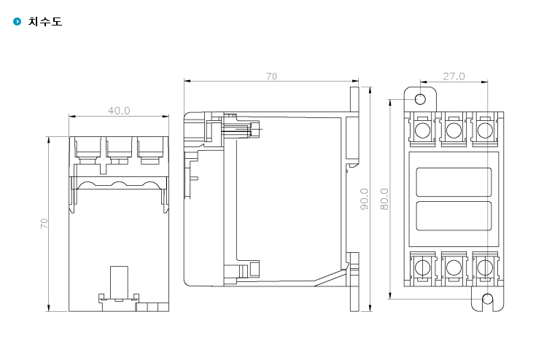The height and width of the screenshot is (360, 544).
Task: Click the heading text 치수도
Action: [45, 22]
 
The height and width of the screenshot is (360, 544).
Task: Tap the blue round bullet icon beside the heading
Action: [17, 22]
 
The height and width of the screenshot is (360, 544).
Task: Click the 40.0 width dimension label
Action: [119, 111]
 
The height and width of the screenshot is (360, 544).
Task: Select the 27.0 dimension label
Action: [454, 77]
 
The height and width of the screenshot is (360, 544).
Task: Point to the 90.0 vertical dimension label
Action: [365, 199]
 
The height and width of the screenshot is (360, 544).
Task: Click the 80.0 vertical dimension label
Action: [384, 199]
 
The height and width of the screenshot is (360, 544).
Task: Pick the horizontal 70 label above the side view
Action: [272, 77]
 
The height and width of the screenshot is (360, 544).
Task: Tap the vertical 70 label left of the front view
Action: [44, 223]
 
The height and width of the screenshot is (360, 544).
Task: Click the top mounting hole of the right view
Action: [421, 99]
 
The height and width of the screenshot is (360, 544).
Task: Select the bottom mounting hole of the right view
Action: [488, 299]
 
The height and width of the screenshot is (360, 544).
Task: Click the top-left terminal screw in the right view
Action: [422, 130]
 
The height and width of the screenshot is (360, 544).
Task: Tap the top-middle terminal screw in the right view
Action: [454, 130]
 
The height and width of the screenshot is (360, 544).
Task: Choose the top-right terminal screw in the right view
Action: [485, 130]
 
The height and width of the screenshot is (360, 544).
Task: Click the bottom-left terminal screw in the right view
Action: [422, 267]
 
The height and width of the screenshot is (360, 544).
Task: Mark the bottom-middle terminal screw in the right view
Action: [454, 267]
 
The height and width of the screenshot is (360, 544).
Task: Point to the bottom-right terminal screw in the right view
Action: [485, 267]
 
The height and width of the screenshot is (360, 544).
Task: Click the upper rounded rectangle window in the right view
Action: [454, 182]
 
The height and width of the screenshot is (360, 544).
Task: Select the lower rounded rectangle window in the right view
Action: [454, 216]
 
